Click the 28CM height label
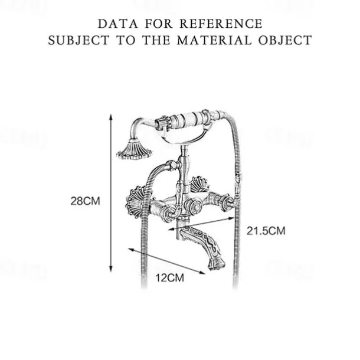pyautogui.click(x=85, y=201)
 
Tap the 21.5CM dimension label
pyautogui.click(x=266, y=230)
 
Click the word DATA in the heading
pyautogui.click(x=114, y=24)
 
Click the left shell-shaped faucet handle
pyautogui.click(x=137, y=201)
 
